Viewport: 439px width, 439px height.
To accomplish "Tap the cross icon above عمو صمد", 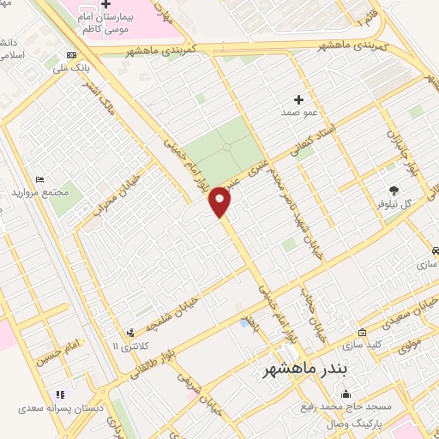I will [298, 99].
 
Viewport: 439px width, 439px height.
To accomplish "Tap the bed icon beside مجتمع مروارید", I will [39, 179].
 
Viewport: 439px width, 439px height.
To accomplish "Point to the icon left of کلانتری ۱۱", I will [129, 332].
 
